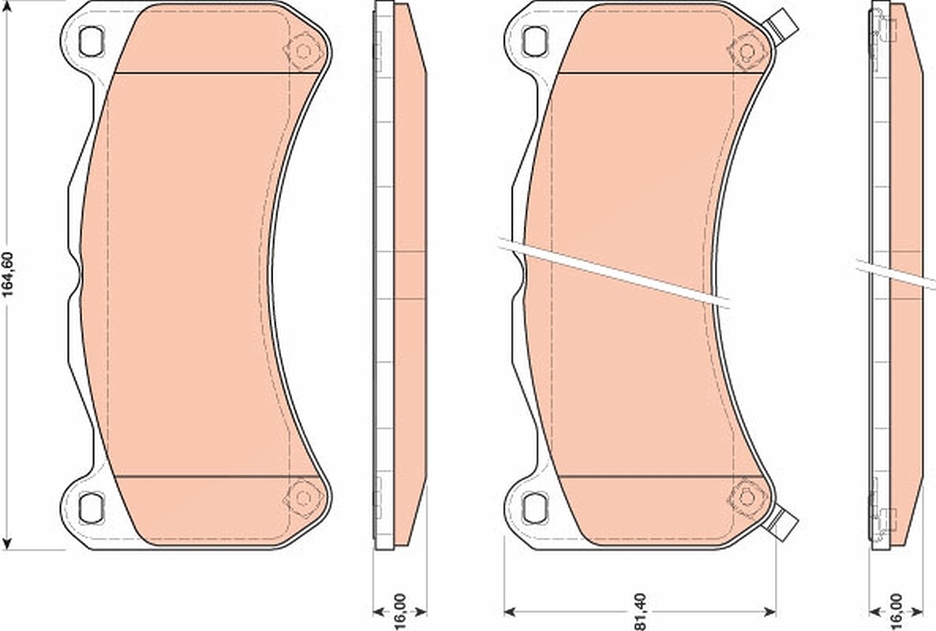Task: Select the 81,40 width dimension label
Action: click(x=639, y=610)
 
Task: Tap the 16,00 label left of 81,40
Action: click(x=400, y=610)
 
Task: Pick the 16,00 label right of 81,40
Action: click(x=896, y=610)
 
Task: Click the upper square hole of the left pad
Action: click(x=91, y=40)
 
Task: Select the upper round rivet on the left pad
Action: click(x=302, y=50)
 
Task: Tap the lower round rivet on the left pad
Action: click(x=302, y=496)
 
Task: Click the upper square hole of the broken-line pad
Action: click(x=534, y=40)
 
